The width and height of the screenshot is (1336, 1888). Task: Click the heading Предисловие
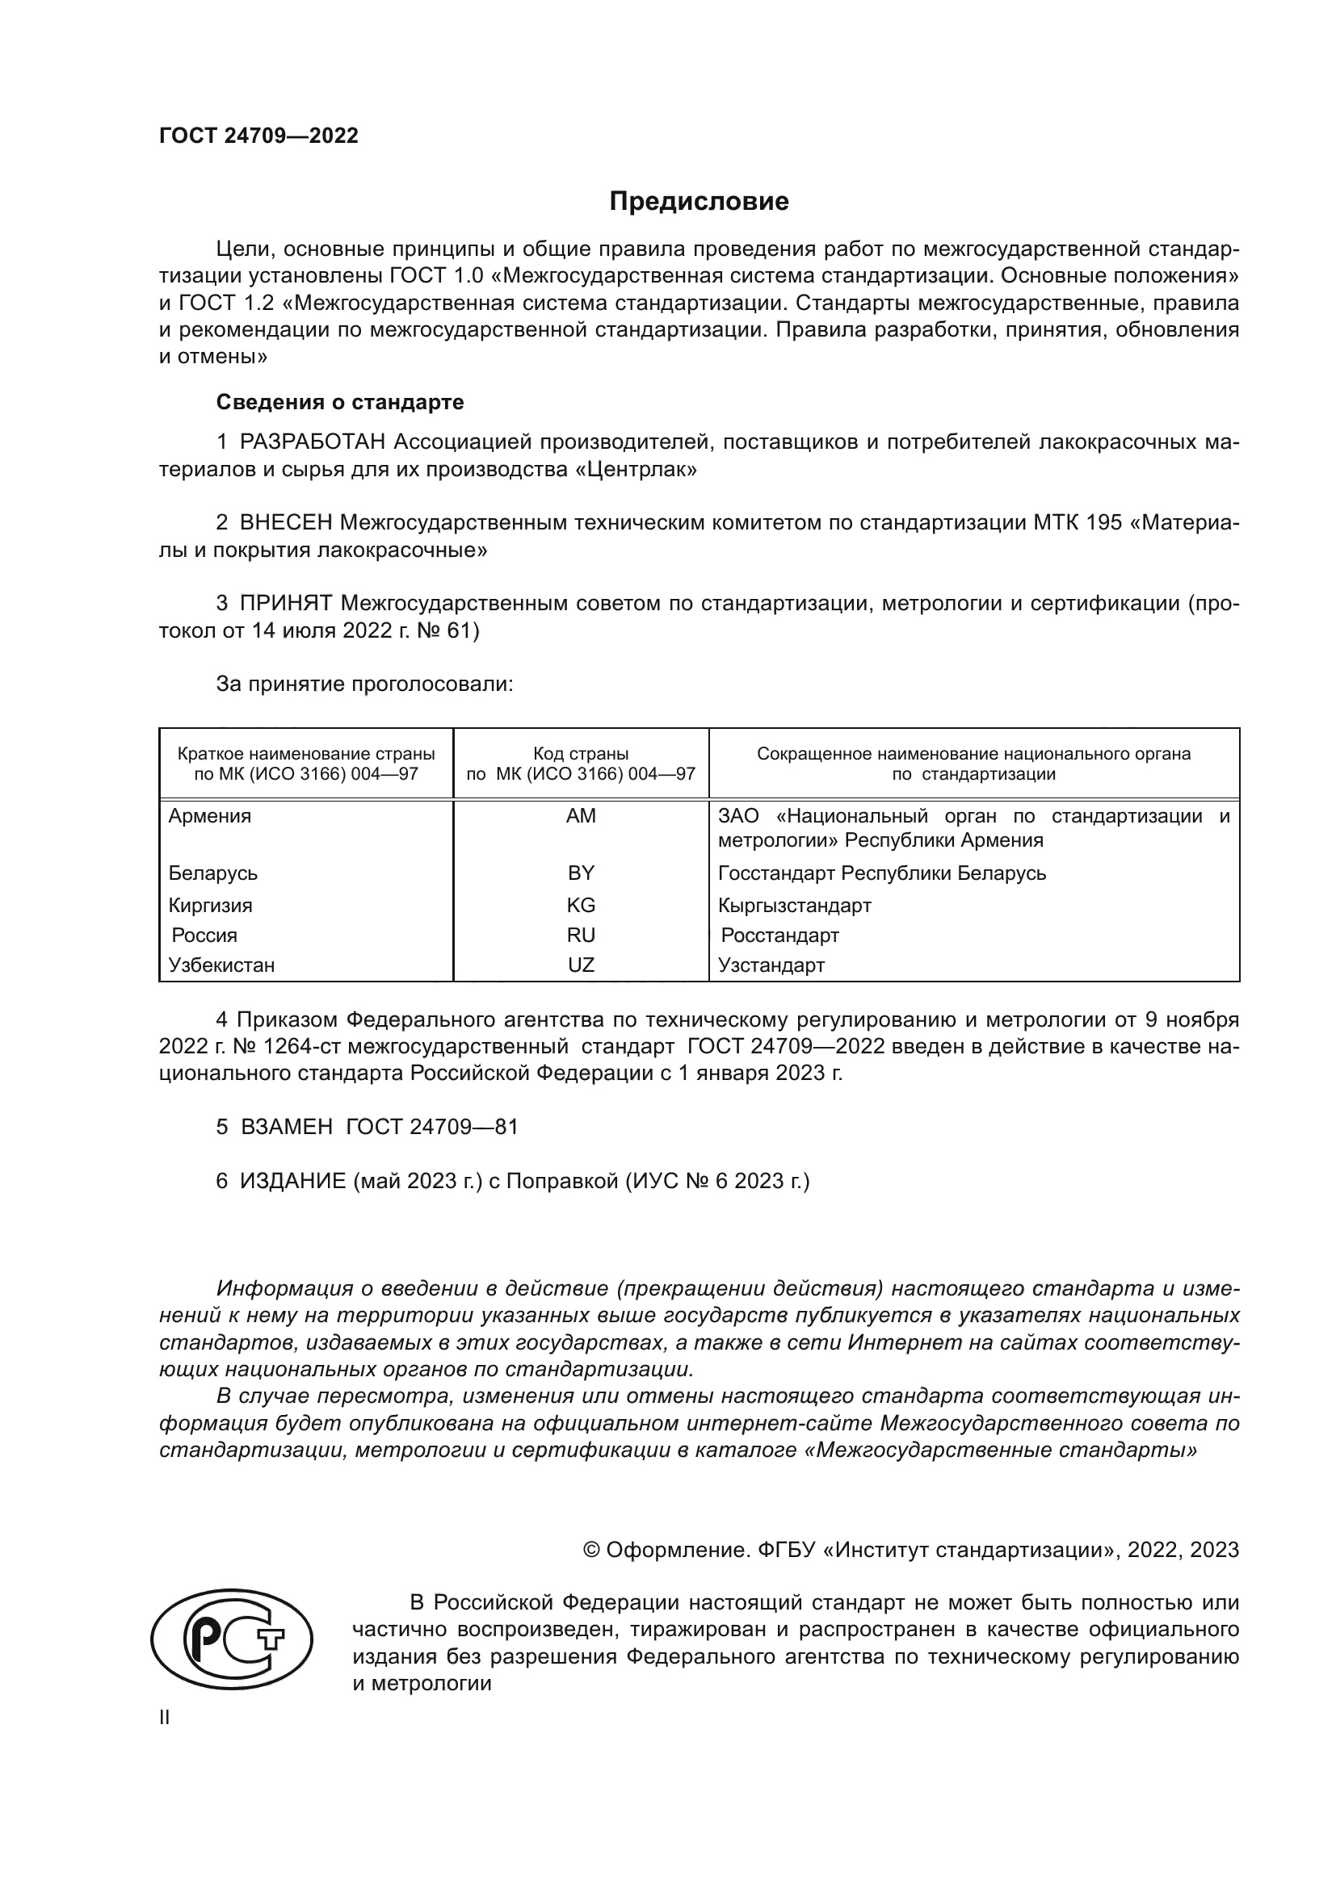[699, 202]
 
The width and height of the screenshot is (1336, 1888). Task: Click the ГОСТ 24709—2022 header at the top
[258, 136]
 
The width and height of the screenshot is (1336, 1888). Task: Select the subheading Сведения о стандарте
[340, 402]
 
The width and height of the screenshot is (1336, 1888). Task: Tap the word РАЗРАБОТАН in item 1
[312, 442]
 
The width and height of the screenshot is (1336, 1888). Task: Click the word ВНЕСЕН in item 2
[286, 522]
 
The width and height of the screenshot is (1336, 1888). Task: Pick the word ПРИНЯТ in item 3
[285, 603]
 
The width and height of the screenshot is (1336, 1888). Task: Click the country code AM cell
[581, 816]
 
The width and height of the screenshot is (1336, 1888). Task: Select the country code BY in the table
[581, 873]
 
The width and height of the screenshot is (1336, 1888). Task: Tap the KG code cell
[581, 906]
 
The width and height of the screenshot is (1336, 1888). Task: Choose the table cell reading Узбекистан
[221, 965]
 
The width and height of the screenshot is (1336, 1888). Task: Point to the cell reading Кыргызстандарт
[794, 906]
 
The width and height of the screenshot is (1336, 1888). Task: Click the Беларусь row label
[213, 873]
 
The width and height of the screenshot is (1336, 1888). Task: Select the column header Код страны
[581, 753]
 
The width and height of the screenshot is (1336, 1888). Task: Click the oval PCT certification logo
[231, 1638]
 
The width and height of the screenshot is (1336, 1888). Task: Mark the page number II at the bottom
[165, 1717]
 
